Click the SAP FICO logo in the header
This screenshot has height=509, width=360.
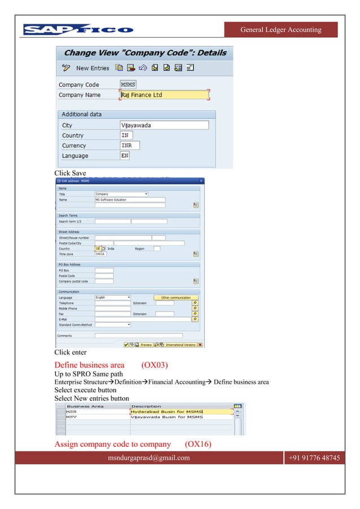tap(78, 29)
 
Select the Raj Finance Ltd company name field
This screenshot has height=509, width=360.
tap(164, 95)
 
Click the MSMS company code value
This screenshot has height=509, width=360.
tap(128, 85)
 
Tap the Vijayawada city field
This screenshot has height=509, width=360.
tap(164, 125)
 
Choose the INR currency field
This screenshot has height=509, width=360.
tap(130, 146)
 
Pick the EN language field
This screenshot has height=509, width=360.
tap(126, 156)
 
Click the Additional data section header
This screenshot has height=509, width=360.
tap(82, 114)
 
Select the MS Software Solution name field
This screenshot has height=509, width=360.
tap(130, 200)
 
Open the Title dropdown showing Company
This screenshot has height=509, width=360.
tap(121, 194)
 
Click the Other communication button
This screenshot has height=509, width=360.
tap(175, 297)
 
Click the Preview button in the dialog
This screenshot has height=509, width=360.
tap(146, 344)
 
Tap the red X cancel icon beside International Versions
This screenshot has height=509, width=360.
tap(200, 344)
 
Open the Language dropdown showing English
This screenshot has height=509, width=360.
tap(113, 297)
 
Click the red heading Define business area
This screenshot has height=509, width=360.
tap(89, 365)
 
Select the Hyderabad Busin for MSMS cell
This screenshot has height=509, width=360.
tap(181, 412)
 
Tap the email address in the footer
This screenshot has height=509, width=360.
tap(148, 458)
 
